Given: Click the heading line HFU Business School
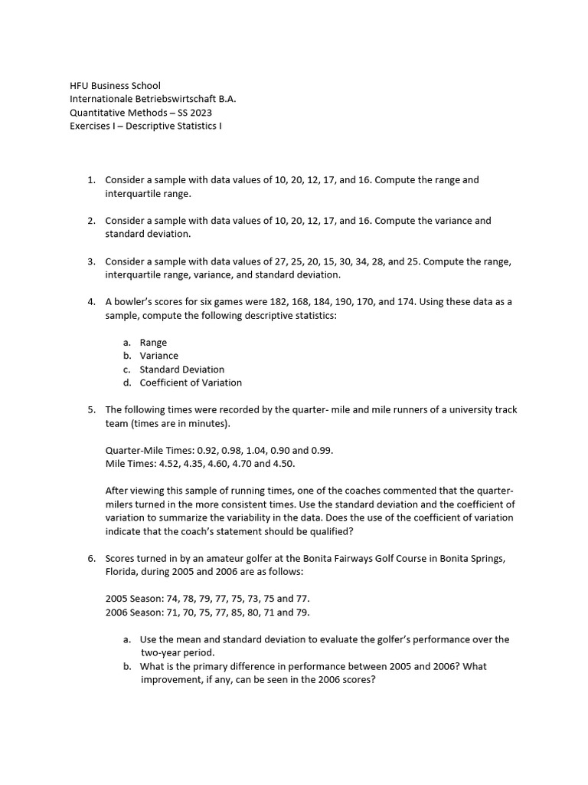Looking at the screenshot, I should coord(116,86).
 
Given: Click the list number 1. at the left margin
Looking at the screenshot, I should coord(91,180).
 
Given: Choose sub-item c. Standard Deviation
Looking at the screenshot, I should coord(181,370).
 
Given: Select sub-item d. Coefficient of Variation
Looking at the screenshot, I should coord(191,383).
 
